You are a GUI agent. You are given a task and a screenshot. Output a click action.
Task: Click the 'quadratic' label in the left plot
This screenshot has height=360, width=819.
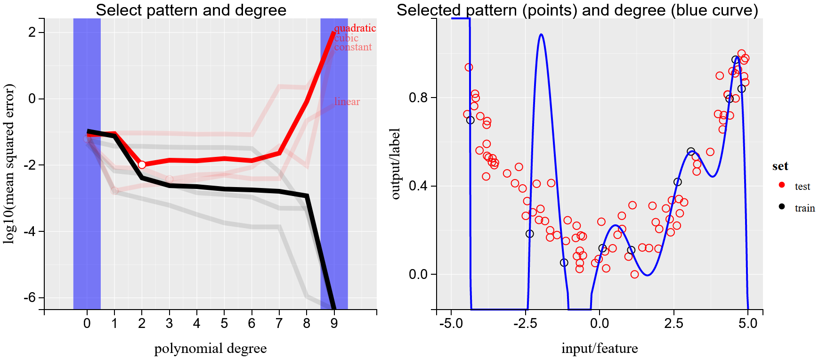point(355,28)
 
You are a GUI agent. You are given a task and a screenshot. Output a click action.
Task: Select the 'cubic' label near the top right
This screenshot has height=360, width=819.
point(346,38)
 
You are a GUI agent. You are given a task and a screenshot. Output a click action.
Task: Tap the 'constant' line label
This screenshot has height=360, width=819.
point(353,47)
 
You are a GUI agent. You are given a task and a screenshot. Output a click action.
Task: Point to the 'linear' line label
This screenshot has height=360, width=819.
point(347,102)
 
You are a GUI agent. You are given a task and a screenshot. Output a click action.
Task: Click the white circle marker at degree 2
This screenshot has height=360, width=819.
point(142,164)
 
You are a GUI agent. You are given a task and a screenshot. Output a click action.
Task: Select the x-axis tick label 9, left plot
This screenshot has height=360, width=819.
point(334,324)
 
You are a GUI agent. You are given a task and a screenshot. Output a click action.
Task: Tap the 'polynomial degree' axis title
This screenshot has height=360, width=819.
point(210,349)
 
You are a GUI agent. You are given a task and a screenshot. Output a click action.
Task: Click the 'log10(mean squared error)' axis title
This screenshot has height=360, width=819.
point(9,164)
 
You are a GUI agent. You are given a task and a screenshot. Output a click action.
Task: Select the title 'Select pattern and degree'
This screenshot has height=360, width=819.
point(191,10)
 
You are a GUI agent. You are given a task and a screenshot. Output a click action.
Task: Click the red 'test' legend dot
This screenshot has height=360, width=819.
point(782,185)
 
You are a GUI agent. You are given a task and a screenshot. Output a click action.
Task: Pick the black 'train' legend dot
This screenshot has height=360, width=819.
point(782,206)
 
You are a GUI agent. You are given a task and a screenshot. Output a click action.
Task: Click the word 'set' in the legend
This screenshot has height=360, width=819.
point(780,166)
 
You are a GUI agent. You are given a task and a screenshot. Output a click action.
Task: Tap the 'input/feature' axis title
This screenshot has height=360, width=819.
point(599,349)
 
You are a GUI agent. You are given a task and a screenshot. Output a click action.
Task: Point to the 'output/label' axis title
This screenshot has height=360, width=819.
point(396,164)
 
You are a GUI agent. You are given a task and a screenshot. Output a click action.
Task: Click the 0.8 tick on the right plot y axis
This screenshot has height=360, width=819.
point(418,98)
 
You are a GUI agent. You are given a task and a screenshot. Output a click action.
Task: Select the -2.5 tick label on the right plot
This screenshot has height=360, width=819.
point(525,324)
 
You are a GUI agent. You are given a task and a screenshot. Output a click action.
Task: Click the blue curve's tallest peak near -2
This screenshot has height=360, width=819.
point(541,34)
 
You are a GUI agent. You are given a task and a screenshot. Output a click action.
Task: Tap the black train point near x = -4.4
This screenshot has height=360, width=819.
point(470,120)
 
